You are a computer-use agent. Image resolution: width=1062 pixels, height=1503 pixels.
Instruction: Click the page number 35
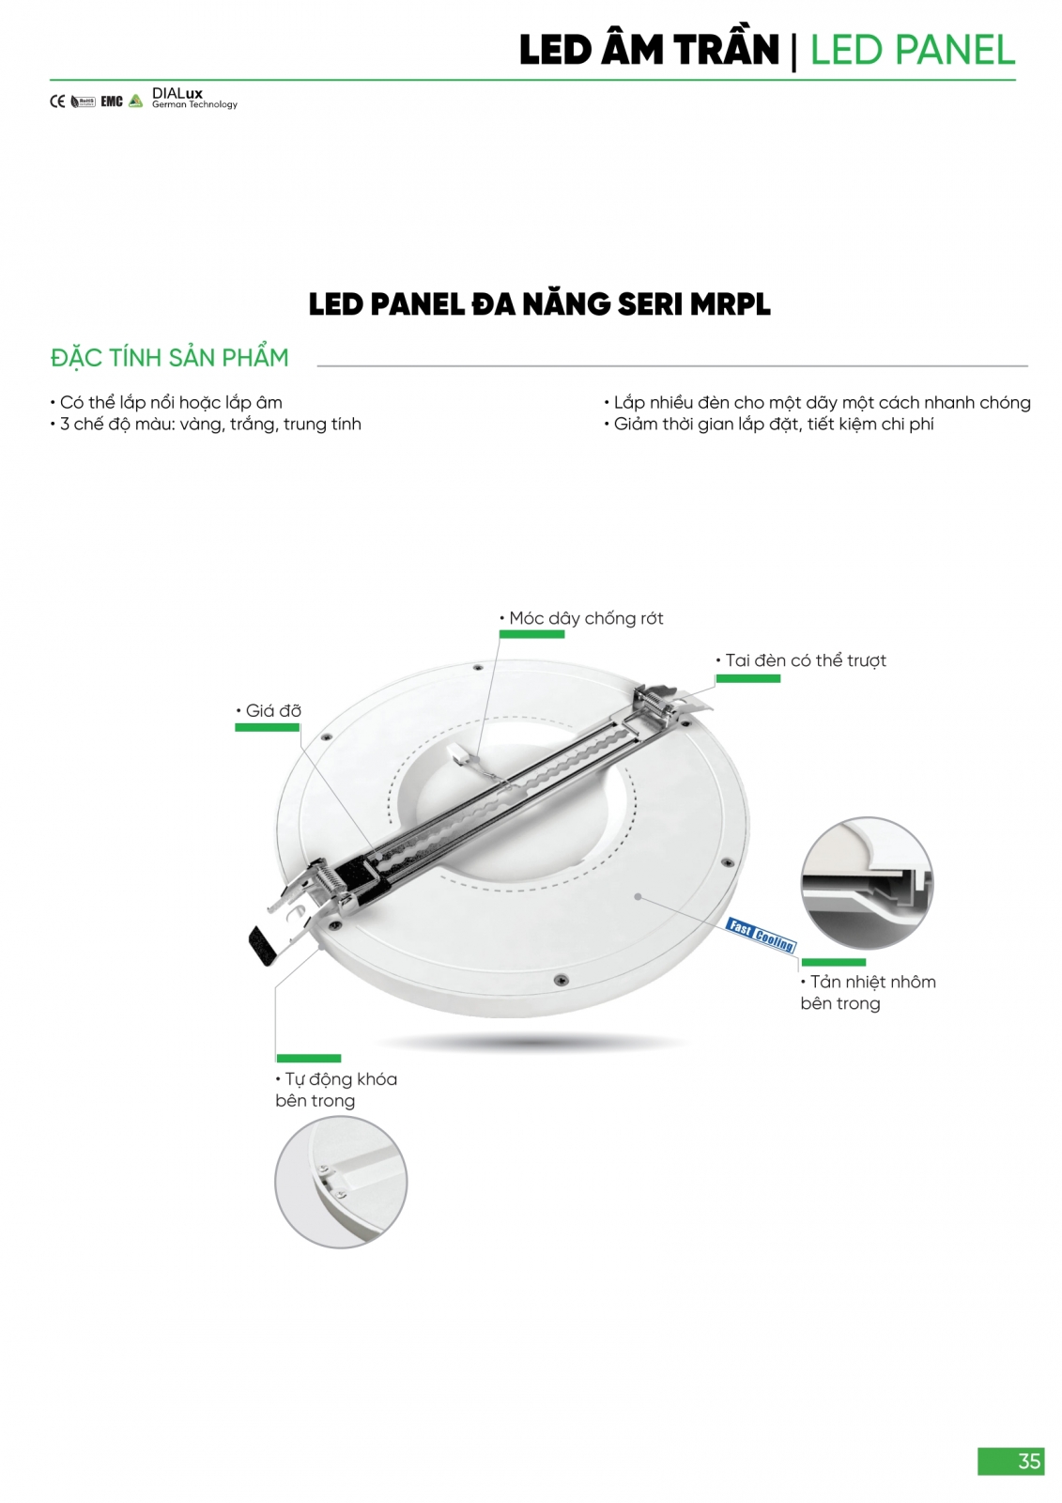coord(1028,1460)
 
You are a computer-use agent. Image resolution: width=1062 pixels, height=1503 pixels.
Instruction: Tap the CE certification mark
coord(57,101)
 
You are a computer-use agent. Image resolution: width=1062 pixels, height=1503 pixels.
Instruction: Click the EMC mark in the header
coord(112,101)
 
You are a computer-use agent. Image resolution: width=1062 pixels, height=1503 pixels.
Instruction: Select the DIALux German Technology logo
coord(194,98)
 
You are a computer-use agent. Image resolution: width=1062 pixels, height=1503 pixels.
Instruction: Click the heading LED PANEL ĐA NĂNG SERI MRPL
coord(539,304)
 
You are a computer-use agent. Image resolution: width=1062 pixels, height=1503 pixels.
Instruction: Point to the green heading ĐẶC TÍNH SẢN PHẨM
coord(170,358)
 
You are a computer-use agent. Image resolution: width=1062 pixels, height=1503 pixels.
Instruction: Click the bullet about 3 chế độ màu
coord(206,424)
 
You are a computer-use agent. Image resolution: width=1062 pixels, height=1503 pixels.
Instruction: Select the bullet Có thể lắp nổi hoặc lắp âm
coord(165,403)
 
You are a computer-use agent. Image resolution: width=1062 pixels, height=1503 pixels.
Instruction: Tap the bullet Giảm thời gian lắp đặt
coord(769,424)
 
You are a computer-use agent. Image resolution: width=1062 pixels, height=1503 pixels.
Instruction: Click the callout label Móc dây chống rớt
coord(581,618)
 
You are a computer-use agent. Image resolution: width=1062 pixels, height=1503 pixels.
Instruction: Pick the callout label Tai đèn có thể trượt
coord(801,660)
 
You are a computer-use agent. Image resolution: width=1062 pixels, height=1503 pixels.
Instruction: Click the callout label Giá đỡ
coord(269,710)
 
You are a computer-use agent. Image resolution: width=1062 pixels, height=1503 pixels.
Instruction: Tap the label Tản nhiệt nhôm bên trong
coord(869,992)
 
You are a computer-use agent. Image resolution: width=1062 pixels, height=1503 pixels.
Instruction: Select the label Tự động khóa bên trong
coord(336,1090)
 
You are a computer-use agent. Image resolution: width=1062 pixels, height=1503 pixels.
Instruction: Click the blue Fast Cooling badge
coord(761,935)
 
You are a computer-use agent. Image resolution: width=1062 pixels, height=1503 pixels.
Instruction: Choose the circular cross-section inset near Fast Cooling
coord(867,882)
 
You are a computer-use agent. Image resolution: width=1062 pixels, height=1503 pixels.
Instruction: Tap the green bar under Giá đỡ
coord(267,727)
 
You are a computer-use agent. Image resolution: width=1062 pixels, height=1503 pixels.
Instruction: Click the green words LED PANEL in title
coord(913,51)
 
